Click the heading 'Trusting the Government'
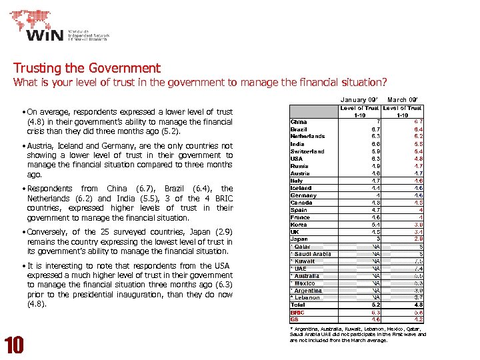87,68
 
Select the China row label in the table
299,122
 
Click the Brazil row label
299,129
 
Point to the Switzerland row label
307,151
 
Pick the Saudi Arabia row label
311,254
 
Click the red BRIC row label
297,313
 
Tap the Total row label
298,305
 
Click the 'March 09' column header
402,100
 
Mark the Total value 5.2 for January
375,305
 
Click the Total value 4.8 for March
418,305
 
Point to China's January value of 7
377,122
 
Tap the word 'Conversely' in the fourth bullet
48,233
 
